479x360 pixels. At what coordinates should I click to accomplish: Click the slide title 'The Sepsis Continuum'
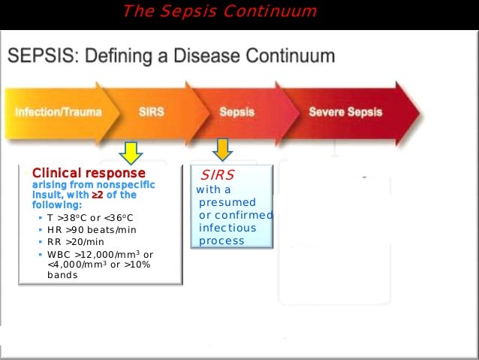(219, 11)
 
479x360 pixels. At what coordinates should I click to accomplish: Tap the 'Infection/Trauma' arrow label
(58, 112)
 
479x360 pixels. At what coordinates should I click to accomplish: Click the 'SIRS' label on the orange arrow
(151, 112)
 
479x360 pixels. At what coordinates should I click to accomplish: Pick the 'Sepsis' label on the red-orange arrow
(236, 112)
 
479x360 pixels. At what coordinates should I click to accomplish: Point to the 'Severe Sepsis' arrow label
(345, 112)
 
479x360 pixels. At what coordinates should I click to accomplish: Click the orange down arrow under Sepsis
(223, 150)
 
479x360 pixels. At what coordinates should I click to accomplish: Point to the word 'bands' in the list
(62, 275)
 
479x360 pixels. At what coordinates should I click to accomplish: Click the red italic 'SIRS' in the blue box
(217, 174)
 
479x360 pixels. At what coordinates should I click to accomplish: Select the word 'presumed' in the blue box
(227, 202)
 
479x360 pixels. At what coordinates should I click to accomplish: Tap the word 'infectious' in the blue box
(227, 228)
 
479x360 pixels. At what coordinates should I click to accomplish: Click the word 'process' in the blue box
(221, 241)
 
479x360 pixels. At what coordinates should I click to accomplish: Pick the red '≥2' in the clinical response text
(97, 195)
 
